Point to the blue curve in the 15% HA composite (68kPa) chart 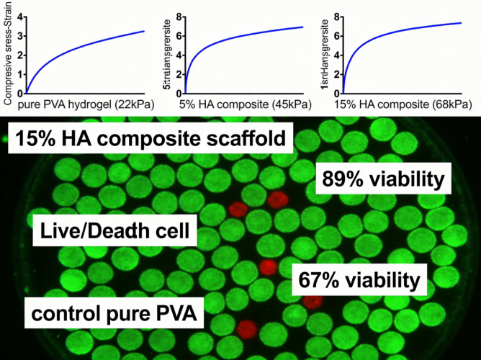403,32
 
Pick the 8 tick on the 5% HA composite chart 177,15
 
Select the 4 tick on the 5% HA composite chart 177,54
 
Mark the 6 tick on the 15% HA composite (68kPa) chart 336,35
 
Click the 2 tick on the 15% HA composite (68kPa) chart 336,73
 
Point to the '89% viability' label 384,179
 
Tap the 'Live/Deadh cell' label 115,231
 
